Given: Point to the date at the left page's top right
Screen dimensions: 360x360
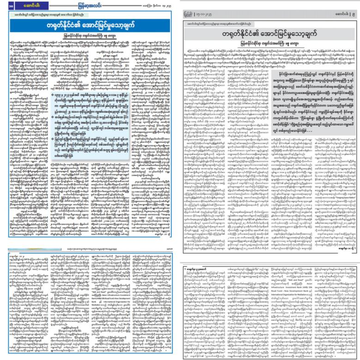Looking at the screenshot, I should (x=158, y=5).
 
